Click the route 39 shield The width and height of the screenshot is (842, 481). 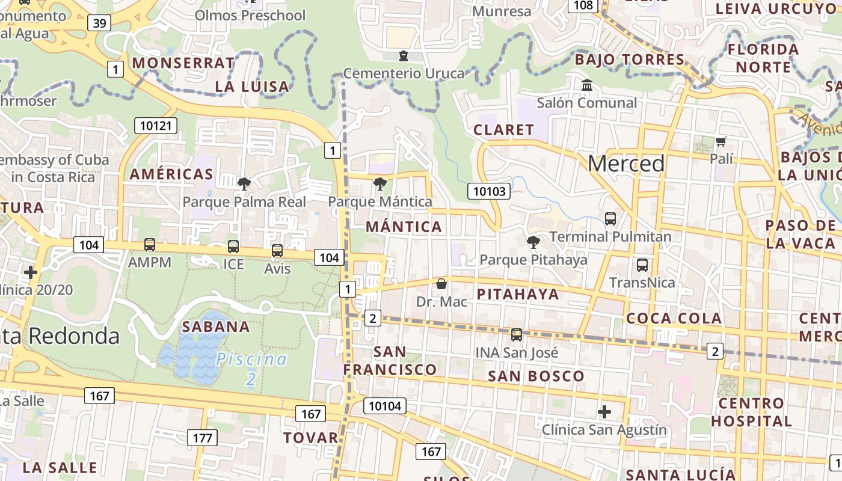tap(99, 23)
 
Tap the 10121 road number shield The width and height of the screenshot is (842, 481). tap(156, 126)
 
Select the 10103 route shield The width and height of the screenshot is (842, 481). tap(490, 192)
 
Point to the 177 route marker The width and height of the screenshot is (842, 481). tap(202, 438)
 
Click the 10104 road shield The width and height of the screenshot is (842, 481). tap(384, 406)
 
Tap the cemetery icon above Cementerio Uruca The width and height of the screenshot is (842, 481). tap(403, 56)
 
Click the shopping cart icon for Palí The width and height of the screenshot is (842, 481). tap(721, 142)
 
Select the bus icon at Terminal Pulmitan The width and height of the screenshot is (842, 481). tap(610, 219)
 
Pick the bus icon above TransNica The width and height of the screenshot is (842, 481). tap(642, 265)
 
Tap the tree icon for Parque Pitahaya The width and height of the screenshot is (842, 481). tap(533, 242)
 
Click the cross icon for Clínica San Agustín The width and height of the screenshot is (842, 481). tap(604, 412)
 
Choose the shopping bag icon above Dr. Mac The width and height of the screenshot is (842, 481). tap(441, 284)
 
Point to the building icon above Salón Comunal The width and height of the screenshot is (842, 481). tap(587, 85)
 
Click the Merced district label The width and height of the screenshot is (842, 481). tap(626, 164)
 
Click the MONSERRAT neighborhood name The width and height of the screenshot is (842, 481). tap(183, 63)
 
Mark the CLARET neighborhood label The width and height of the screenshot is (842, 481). tap(503, 130)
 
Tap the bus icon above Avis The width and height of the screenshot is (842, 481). tap(277, 251)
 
